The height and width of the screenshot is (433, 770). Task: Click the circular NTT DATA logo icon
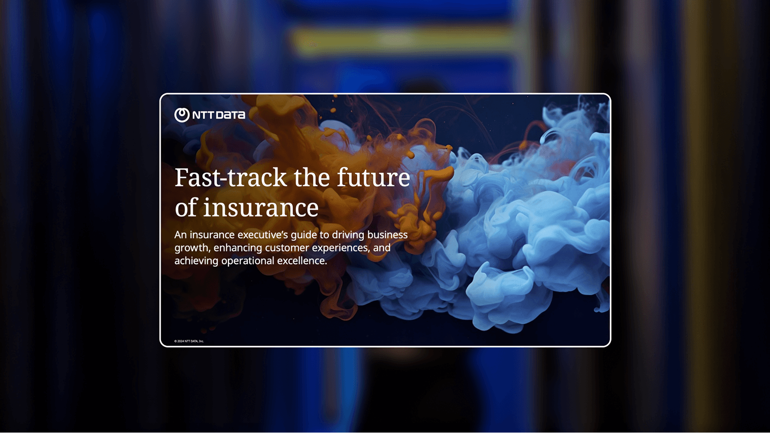click(x=182, y=115)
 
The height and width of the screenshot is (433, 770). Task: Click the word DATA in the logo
click(x=231, y=115)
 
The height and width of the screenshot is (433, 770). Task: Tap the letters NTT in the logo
click(x=204, y=115)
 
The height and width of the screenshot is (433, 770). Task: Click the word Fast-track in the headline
click(x=230, y=177)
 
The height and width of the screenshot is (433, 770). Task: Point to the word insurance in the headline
click(x=261, y=208)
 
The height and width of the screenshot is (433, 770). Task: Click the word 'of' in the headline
click(x=186, y=208)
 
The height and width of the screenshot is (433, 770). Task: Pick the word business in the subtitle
click(x=388, y=235)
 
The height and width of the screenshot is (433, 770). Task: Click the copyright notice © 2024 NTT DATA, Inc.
click(x=189, y=341)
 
